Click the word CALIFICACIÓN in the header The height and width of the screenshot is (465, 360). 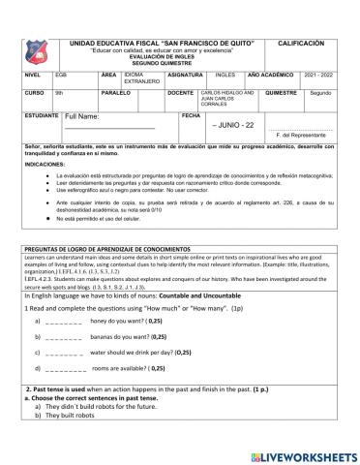[301, 45]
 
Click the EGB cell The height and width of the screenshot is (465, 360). [61, 74]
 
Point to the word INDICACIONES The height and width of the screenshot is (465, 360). [45, 166]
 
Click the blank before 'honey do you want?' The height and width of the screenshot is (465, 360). [65, 320]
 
